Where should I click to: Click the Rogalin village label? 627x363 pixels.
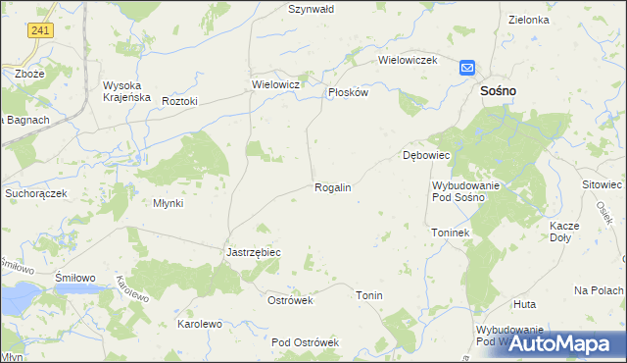332,186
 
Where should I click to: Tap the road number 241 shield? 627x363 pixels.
40,31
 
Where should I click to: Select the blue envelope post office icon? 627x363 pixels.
467,68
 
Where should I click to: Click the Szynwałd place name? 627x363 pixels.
312,9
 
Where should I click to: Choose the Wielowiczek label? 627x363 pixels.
407,60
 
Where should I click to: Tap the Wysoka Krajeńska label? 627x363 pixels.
126,90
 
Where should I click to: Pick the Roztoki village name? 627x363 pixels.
180,101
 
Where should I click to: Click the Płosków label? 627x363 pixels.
347,92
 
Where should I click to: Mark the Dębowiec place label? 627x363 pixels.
425,155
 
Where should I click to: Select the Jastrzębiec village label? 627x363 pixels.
254,252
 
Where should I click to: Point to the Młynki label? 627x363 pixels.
168,203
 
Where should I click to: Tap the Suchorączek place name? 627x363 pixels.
35,193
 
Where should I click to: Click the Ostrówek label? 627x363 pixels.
290,300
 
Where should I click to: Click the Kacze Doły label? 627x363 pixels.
565,232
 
